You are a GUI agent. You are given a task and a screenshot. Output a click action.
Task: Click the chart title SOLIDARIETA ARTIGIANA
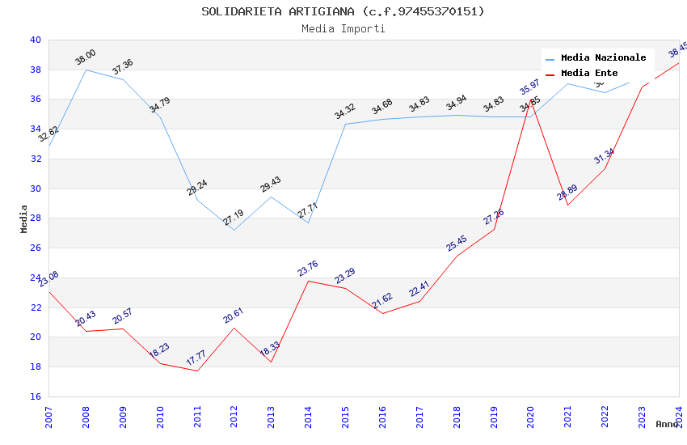343,11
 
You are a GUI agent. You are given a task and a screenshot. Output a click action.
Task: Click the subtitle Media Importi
343,29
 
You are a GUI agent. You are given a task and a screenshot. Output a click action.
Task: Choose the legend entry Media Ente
589,74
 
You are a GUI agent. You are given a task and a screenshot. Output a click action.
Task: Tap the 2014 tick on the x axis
309,413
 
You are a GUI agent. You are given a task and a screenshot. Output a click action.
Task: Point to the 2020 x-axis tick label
531,413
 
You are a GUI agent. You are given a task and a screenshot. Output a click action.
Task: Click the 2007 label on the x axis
48,413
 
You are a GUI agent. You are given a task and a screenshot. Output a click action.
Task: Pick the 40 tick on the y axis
35,40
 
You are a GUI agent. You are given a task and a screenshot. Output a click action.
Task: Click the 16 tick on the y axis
35,396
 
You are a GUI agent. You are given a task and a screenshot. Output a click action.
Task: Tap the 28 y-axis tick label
35,218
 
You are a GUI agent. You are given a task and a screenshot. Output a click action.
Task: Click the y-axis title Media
24,218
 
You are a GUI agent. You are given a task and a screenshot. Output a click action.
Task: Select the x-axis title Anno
667,424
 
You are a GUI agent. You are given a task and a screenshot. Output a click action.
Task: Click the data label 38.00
85,57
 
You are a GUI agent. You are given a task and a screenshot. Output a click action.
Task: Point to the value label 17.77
196,357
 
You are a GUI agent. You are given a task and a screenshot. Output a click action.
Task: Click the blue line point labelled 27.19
234,231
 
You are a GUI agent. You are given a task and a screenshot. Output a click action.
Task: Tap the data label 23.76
308,268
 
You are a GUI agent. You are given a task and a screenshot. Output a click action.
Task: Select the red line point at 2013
271,362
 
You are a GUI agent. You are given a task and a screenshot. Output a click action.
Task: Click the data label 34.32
345,112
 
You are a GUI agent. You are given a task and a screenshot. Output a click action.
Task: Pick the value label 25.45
457,243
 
